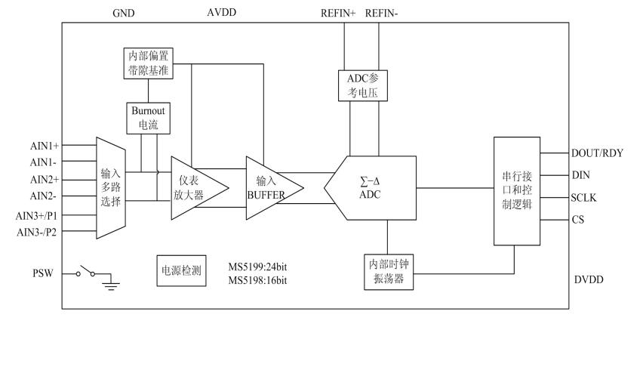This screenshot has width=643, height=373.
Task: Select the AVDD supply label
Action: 222,14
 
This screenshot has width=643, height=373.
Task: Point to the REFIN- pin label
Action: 382,14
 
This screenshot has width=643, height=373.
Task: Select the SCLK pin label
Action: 586,197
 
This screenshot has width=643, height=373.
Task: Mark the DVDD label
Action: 588,279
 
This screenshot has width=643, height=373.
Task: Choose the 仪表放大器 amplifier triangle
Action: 195,186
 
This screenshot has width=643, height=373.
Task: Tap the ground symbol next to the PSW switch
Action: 111,284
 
